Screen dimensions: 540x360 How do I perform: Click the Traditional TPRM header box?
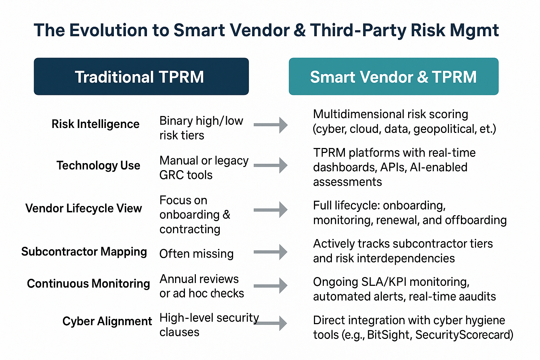pyautogui.click(x=141, y=76)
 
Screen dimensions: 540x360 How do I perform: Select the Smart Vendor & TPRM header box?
pyautogui.click(x=394, y=76)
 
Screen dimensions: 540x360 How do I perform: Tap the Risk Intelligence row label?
pyautogui.click(x=96, y=124)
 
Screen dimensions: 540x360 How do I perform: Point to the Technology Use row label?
pyautogui.click(x=98, y=166)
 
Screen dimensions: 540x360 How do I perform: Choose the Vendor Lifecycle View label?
pyautogui.click(x=84, y=208)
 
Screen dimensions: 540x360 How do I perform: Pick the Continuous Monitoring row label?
pyautogui.click(x=89, y=284)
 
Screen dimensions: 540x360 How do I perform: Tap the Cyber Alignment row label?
pyautogui.click(x=107, y=321)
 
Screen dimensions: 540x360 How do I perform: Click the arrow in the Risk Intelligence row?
pyautogui.click(x=270, y=125)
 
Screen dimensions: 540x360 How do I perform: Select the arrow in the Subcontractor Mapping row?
pyautogui.click(x=270, y=252)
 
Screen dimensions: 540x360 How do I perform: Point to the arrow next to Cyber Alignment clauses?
pyautogui.click(x=270, y=323)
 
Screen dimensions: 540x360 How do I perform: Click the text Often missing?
pyautogui.click(x=197, y=254)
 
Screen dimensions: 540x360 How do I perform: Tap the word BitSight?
pyautogui.click(x=388, y=335)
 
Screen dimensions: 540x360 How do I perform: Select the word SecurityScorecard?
pyautogui.click(x=462, y=335)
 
